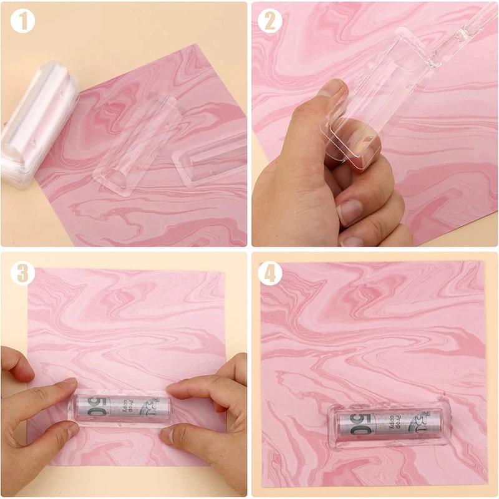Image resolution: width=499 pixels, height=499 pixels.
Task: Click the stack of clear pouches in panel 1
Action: [39, 125]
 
